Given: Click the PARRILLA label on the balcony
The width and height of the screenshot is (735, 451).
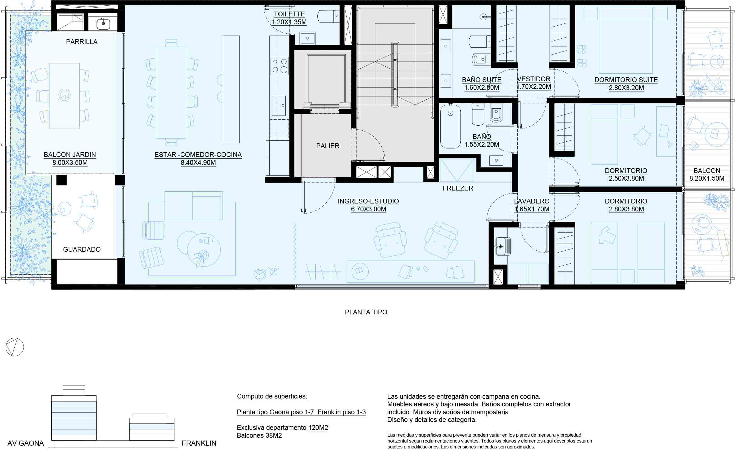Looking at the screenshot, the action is pos(82,42).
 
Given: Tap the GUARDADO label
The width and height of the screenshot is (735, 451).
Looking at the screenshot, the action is pos(82,249).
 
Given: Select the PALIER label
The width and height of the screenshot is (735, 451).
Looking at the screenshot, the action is pos(328,146).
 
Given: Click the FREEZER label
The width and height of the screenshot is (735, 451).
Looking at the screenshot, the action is pos(458,188).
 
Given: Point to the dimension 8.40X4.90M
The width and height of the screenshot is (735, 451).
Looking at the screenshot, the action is pos(198,163).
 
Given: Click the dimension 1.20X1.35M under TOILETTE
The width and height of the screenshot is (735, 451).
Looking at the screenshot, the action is pos(289,22).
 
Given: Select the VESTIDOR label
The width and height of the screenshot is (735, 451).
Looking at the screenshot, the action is pos(534,79).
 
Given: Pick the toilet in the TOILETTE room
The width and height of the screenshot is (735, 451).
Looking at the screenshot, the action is pos(328,16).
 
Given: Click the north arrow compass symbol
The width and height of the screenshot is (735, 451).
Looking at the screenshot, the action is pos(15,347).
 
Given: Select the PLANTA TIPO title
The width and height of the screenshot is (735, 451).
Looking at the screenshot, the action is pos(366,312).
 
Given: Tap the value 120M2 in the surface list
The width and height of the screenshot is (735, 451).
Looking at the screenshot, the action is pos(318,428).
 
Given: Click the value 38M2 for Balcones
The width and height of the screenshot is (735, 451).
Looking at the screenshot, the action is pos(274,435).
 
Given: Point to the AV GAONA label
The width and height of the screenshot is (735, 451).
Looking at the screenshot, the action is pos(26,443).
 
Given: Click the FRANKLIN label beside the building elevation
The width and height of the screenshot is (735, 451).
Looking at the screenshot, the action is pos(199,443).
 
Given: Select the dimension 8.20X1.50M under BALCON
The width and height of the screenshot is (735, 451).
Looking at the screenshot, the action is pos(707,178).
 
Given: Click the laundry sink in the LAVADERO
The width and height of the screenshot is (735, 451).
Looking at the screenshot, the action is pos(503,246).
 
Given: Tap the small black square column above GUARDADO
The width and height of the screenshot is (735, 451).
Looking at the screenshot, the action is pos(62,180).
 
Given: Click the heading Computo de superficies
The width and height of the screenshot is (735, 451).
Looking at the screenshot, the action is pos(272,397).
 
